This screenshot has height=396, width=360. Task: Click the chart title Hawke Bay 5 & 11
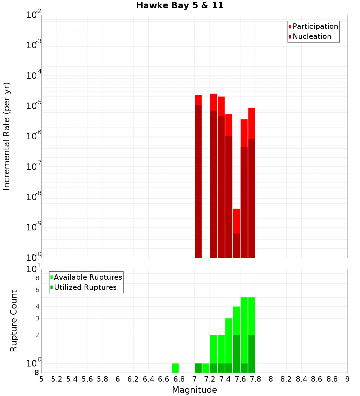[180, 6]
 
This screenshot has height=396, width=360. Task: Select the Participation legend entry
[315, 26]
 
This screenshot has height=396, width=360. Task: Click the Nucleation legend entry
[311, 36]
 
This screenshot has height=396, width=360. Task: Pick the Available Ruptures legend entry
[87, 277]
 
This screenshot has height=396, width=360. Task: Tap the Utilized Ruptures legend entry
[85, 287]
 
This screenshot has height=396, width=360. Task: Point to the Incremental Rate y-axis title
[7, 136]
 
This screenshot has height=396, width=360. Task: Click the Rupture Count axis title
[14, 321]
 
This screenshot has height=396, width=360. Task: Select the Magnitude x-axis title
[194, 390]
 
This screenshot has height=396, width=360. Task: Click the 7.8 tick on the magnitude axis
[271, 379]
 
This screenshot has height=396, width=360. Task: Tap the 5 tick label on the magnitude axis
[41, 379]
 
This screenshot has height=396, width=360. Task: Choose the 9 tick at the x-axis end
[347, 379]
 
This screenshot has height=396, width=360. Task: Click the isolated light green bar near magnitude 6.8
[175, 368]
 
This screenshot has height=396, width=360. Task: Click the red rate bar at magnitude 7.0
[198, 176]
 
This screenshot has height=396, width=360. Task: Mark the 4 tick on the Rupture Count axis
[37, 306]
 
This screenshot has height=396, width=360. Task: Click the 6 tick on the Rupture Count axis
[37, 290]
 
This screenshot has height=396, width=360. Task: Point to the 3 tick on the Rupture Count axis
[37, 318]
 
